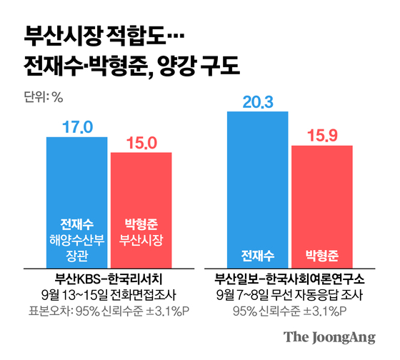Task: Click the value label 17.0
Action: tap(76, 127)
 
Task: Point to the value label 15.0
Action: tap(141, 143)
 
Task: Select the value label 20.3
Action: tap(257, 101)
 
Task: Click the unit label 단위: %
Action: tap(44, 97)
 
